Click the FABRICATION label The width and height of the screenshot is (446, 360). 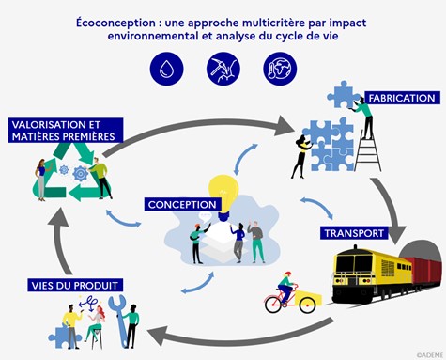tap(402, 98)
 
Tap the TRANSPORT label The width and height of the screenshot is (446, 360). tap(352, 233)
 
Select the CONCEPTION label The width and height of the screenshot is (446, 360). tap(183, 204)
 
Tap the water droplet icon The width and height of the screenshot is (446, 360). tap(165, 68)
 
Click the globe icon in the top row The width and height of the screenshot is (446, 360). tap(279, 68)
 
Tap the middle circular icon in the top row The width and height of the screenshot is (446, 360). tap(223, 68)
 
